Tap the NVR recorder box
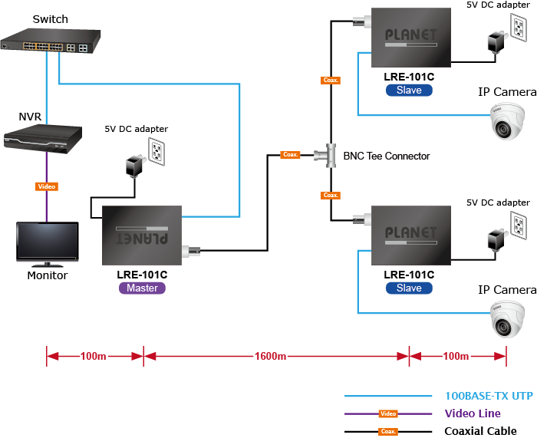pos(42,137)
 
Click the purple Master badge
pos(142,288)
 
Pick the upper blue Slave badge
pos(409,90)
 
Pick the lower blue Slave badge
pos(409,288)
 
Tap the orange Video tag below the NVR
pos(47,186)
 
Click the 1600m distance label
pos(270,356)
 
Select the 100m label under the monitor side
pos(94,356)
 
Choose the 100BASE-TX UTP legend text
pos(489,397)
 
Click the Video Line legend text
pos(473,413)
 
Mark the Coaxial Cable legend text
pos(480,431)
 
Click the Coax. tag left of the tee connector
pos(291,155)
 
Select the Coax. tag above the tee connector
pos(331,80)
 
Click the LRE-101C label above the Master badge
pos(142,274)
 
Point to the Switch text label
pos(50,19)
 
